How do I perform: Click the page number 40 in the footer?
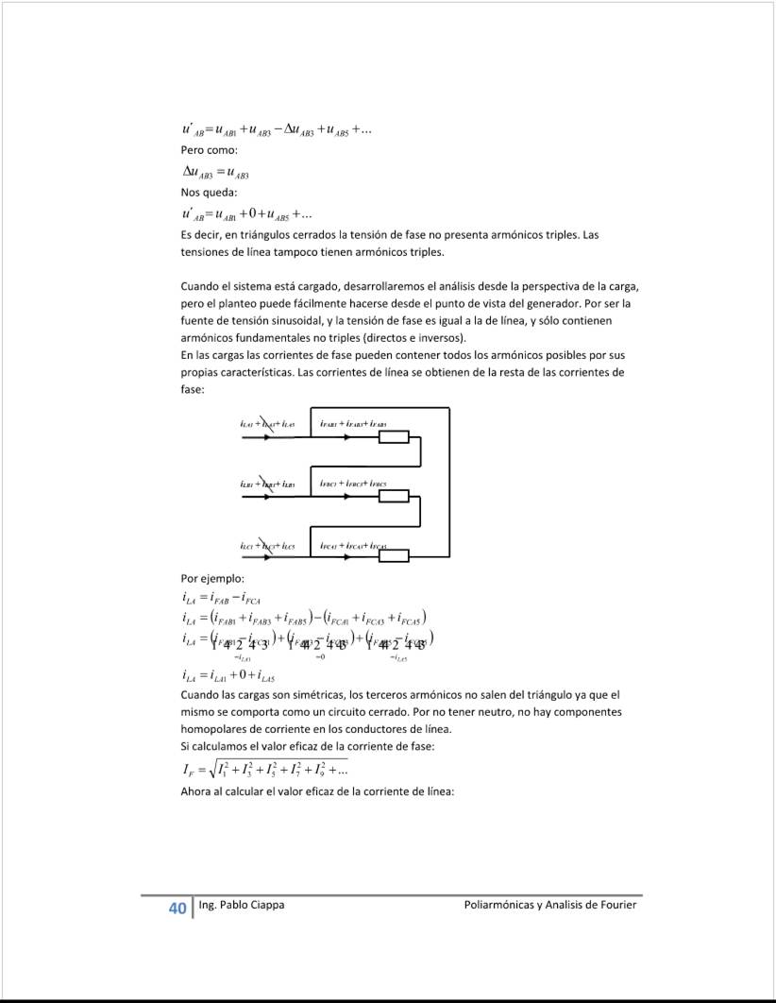177,909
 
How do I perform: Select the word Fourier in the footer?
616,905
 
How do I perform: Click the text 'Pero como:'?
209,150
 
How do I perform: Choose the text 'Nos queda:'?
209,193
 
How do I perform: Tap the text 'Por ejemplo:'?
213,579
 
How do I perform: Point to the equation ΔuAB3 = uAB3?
214,172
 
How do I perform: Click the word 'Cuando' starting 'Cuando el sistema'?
200,285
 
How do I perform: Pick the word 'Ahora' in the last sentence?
197,791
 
